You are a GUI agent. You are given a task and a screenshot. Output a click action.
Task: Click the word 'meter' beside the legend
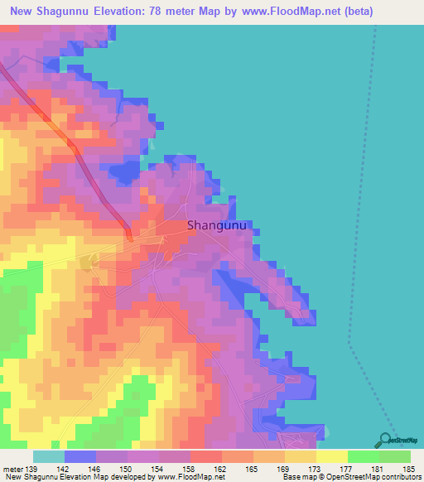coord(13,470)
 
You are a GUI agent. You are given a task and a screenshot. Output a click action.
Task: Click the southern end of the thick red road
coord(130,238)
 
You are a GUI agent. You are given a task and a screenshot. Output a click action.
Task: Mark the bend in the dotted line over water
coord(349,342)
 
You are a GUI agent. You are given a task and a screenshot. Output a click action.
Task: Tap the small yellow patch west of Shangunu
coord(89,262)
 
